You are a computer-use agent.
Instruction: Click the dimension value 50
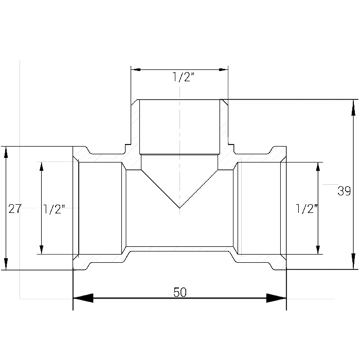[x=180, y=292]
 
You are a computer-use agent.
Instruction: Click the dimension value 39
[x=344, y=191]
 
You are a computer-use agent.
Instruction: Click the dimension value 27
[x=15, y=209]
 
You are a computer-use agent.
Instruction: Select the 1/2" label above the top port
[x=184, y=77]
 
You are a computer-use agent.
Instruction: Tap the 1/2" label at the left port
[x=54, y=209]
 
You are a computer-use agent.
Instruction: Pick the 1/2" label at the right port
[x=307, y=209]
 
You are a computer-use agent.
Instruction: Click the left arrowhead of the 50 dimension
[x=83, y=298]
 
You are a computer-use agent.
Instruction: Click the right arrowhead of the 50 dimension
[x=277, y=298]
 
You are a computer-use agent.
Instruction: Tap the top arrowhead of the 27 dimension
[x=6, y=152]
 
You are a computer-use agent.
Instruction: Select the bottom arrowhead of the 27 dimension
[x=6, y=264]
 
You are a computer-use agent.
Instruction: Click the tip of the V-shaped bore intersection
[x=179, y=208]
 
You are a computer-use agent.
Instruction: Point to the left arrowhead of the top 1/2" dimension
[x=136, y=69]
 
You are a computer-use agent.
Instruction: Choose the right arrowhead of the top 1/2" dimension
[x=223, y=69]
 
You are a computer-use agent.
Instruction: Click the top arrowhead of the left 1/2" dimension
[x=42, y=167]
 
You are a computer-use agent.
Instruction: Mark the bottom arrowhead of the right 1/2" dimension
[x=318, y=250]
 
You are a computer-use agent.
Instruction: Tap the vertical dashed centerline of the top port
[x=180, y=150]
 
